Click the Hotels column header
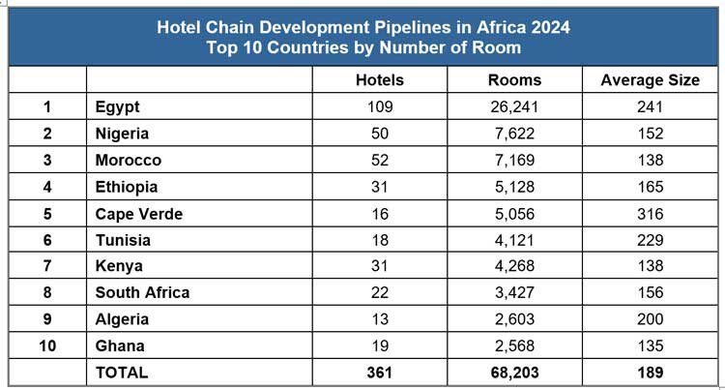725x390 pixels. click(380, 80)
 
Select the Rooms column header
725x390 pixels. click(516, 80)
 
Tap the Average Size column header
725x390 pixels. click(651, 80)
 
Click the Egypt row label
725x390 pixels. click(118, 107)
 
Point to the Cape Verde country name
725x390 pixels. click(139, 214)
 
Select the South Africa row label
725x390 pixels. click(142, 292)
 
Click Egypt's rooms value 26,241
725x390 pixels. click(516, 107)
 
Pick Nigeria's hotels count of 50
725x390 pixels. click(380, 134)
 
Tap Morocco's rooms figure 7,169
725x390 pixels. click(516, 160)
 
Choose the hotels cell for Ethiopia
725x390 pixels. click(380, 187)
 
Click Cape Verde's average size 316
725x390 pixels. click(651, 214)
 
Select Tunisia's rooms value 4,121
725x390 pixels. click(516, 240)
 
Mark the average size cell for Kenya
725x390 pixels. click(651, 266)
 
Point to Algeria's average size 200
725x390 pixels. click(651, 319)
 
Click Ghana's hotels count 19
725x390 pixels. click(380, 345)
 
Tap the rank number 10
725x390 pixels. click(47, 345)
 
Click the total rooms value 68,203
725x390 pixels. click(516, 372)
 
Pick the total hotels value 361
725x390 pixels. click(380, 372)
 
